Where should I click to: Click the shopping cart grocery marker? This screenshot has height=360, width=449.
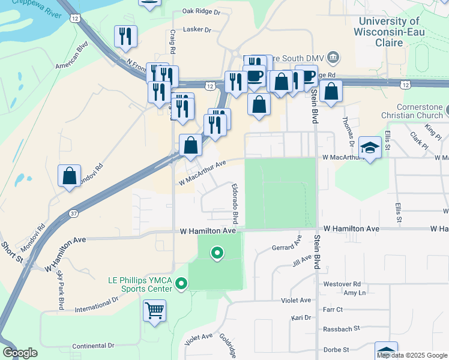[x=155, y=311]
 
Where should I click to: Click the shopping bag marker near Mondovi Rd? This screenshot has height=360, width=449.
[x=70, y=176]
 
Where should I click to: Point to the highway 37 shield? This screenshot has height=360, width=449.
[x=73, y=214]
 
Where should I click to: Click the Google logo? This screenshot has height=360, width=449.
[x=20, y=353]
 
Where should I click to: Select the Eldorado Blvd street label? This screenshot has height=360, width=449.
[x=235, y=202]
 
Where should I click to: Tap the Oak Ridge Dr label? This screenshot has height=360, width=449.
[x=201, y=11]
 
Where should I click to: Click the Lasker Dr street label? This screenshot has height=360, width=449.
[x=197, y=29]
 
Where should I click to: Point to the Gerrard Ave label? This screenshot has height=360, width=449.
[x=286, y=246]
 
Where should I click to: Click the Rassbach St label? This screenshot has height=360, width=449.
[x=340, y=328]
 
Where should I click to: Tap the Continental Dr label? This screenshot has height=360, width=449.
[x=93, y=346]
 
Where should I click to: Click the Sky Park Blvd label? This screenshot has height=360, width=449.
[x=60, y=290]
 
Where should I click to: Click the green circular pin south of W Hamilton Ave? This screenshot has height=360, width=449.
[x=217, y=254]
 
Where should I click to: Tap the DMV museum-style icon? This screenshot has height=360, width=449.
[x=334, y=58]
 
